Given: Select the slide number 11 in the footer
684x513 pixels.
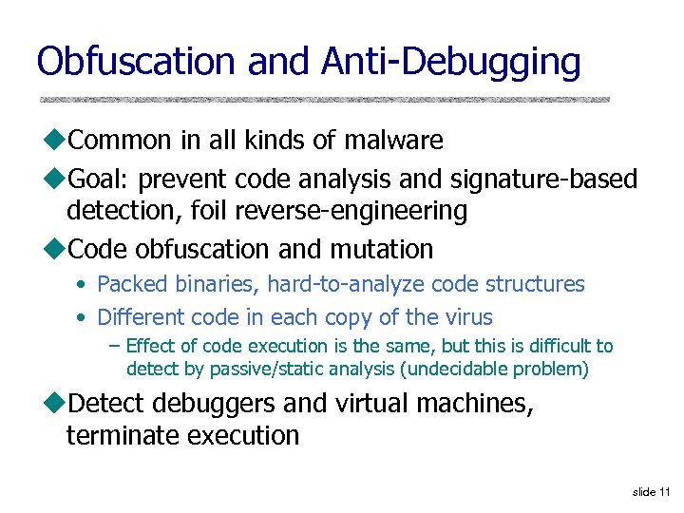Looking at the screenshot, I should (x=663, y=491).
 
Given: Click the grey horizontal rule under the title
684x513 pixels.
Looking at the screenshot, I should (x=324, y=99).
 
